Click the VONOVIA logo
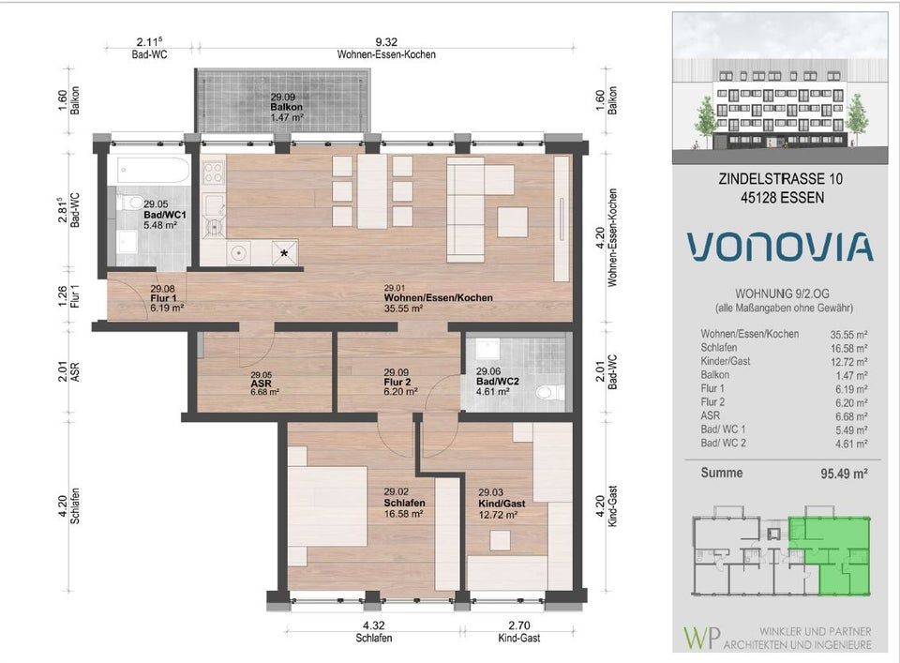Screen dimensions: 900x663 [780, 247]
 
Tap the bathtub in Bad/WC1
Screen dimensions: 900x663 [153, 170]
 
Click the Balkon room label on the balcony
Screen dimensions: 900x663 [287, 107]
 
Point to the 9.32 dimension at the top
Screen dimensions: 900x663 [386, 42]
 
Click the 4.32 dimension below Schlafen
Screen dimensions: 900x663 [374, 625]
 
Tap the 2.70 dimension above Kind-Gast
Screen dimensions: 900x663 [518, 625]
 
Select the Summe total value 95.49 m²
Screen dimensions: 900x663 [844, 474]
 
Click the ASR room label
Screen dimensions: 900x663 [262, 384]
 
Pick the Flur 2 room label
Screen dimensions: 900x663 [397, 383]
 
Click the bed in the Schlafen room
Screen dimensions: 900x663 [327, 507]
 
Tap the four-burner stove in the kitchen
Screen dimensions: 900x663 [214, 173]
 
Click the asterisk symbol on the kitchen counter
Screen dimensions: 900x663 [284, 252]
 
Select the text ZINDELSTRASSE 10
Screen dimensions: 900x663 [781, 179]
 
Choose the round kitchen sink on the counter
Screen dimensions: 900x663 [237, 252]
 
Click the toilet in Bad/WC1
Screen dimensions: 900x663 [131, 202]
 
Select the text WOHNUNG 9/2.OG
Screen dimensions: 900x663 [783, 294]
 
